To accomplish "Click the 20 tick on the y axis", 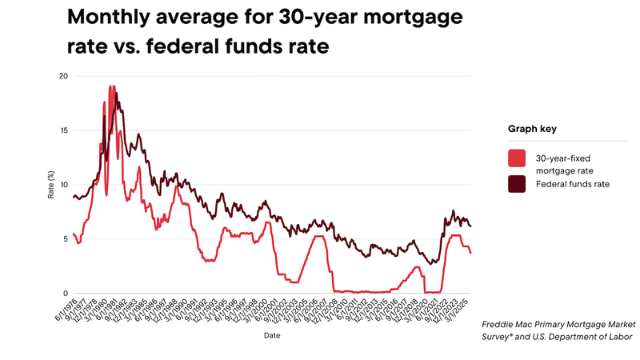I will point(63,76).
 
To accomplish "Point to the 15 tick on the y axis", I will point(63,130).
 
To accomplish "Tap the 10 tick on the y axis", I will point(63,185).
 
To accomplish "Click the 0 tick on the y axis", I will point(66,294).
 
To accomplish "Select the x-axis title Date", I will point(273,336).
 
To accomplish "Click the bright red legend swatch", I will point(517,158).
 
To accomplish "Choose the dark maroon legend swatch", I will point(517,184).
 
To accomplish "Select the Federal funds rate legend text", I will point(573,184).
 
